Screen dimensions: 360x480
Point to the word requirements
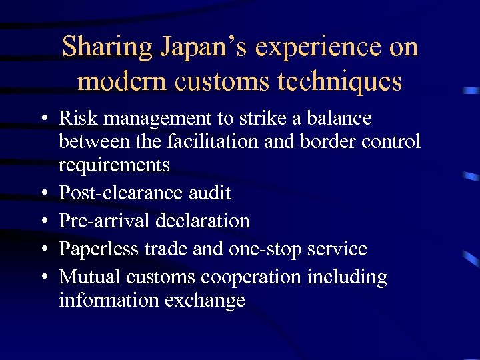(x=114, y=165)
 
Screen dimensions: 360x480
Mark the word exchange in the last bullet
(x=207, y=301)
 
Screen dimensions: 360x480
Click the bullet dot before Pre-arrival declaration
(x=43, y=221)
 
